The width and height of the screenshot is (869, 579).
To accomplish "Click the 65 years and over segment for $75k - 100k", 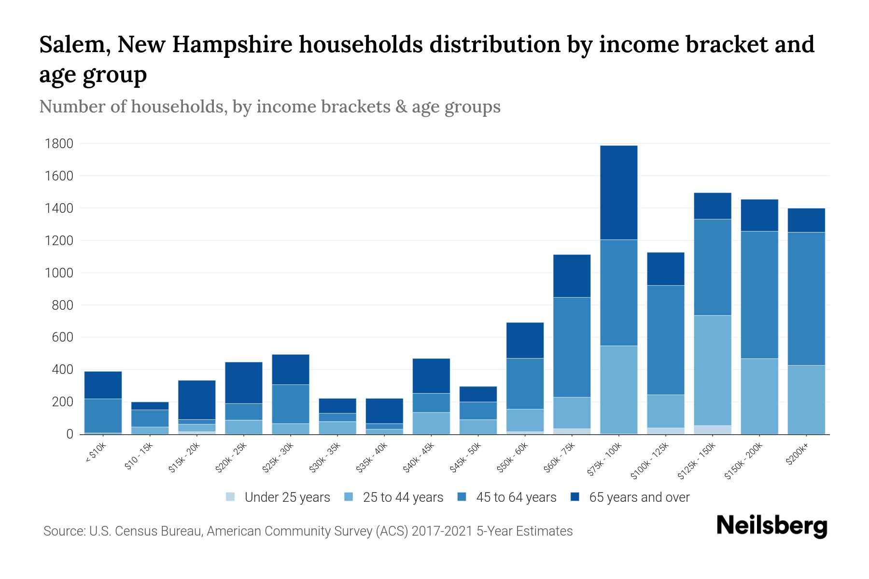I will point(618,193).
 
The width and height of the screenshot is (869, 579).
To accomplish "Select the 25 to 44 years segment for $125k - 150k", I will point(712,370).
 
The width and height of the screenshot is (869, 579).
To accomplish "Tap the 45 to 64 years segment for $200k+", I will point(806,299).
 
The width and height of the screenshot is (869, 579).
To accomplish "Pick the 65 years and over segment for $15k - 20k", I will point(196,400).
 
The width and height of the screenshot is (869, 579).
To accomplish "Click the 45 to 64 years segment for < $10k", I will point(103,415).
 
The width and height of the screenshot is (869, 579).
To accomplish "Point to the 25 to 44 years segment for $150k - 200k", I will point(759,396).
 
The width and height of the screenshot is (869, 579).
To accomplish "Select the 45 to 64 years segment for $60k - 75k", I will point(572,347).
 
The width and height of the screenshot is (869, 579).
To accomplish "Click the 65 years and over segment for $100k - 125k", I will point(665,269).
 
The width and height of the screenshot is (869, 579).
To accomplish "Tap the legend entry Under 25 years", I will point(287,497).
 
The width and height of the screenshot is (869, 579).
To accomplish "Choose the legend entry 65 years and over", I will point(639,497).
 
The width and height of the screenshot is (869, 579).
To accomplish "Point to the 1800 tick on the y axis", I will point(59,144).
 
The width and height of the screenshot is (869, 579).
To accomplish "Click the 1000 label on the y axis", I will point(59,273).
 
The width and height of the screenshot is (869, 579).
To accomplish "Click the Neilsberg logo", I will point(771,526).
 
